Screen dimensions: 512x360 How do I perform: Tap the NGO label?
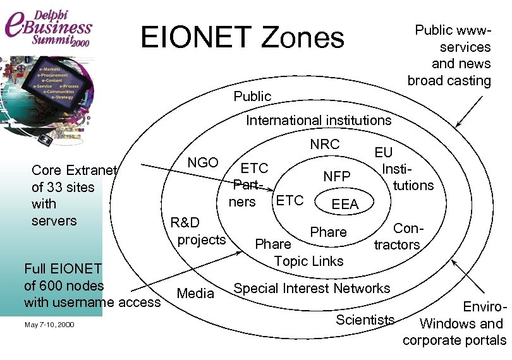pos(203,162)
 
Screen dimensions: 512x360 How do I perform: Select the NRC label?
pos(324,144)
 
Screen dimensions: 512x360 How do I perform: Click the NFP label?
pos(336,177)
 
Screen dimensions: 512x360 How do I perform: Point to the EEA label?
pos(345,204)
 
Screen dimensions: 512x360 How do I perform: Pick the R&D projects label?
pos(198,231)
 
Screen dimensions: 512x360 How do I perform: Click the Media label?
pos(195,293)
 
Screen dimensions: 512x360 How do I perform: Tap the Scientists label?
pos(365,319)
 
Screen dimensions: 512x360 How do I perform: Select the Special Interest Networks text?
pos(312,289)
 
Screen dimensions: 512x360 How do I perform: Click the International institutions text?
pos(319,120)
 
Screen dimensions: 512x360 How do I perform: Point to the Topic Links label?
pos(309,261)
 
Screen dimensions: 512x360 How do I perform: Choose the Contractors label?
pos(397,236)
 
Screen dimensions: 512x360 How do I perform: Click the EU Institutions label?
pos(405,169)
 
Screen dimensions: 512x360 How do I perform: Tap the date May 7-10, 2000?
pos(49,325)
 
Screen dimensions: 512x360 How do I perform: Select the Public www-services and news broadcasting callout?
pos(449,56)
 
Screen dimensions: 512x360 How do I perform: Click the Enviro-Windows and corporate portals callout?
pos(454,324)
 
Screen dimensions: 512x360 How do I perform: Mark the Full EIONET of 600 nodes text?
pos(92,285)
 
